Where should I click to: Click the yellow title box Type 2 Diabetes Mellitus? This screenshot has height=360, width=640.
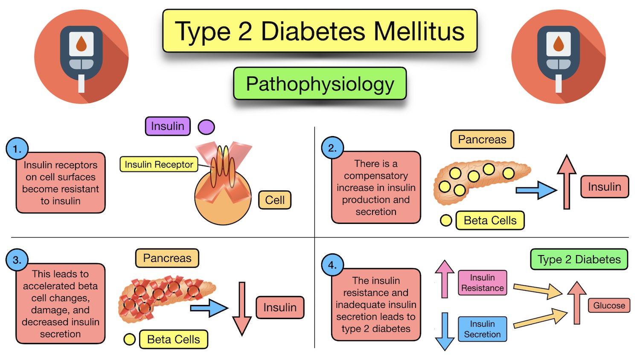[320, 31]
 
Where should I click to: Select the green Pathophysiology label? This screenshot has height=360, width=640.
[320, 84]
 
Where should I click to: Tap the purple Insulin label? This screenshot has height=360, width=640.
[168, 126]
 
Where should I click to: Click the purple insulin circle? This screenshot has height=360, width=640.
[206, 127]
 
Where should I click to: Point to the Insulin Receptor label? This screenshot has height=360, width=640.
[159, 164]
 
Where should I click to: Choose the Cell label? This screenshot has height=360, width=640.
[275, 200]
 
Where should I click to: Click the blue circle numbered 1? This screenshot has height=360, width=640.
[17, 149]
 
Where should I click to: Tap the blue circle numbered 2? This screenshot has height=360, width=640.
[332, 148]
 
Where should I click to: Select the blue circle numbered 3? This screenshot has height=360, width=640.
[17, 260]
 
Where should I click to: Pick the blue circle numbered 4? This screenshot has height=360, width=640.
[332, 265]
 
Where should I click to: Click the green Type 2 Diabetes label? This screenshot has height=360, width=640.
[579, 259]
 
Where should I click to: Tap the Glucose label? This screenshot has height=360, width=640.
[609, 305]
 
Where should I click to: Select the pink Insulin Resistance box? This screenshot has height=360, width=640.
[482, 283]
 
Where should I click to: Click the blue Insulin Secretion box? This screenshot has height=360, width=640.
[482, 329]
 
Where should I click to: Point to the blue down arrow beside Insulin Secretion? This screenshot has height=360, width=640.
[445, 331]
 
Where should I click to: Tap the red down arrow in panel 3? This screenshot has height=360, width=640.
[242, 308]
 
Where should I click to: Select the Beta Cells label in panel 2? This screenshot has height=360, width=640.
[490, 221]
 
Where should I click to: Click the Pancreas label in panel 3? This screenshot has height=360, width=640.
[167, 258]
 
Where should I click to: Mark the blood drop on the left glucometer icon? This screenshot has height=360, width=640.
[81, 43]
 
